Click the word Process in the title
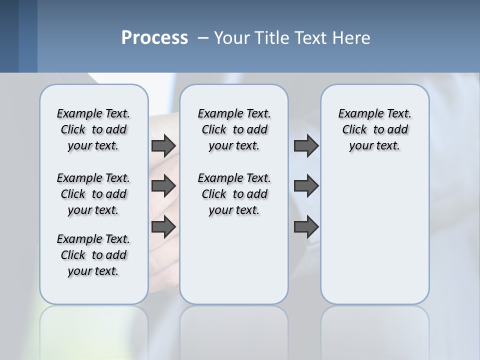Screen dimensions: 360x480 (154, 37)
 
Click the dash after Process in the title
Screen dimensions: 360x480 (203, 38)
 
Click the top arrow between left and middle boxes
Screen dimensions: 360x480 (163, 145)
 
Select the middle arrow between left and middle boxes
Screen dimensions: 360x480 (163, 186)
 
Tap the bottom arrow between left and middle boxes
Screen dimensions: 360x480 (163, 226)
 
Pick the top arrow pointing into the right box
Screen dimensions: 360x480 (306, 145)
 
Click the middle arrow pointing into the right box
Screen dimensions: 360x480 (306, 186)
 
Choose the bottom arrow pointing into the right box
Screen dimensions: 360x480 (306, 226)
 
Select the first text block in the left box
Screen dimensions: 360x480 (93, 129)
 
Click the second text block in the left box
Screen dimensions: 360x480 (93, 194)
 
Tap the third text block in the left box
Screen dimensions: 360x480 (93, 255)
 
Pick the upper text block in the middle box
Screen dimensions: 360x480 (234, 129)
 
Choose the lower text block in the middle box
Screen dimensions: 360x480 (234, 194)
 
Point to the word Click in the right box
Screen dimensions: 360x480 (354, 129)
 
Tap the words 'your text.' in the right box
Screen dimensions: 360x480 (374, 146)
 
